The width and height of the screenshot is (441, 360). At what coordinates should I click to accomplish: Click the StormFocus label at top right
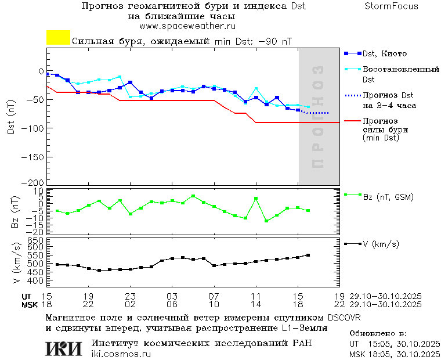(391, 6)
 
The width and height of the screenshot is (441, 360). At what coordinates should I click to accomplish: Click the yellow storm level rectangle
(58, 38)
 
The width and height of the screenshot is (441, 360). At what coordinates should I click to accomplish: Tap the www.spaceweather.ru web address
(187, 26)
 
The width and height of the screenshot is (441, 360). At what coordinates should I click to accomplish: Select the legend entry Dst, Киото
(384, 53)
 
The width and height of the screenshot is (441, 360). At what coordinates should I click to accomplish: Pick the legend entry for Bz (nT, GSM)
(388, 197)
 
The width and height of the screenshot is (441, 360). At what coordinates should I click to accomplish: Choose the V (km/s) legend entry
(381, 244)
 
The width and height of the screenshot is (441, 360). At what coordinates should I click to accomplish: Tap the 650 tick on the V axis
(37, 239)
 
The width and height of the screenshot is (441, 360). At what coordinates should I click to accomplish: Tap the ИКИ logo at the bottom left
(64, 348)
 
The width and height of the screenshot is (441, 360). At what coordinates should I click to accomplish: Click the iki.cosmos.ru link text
(121, 354)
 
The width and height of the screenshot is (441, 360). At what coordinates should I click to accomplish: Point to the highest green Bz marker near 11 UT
(256, 199)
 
